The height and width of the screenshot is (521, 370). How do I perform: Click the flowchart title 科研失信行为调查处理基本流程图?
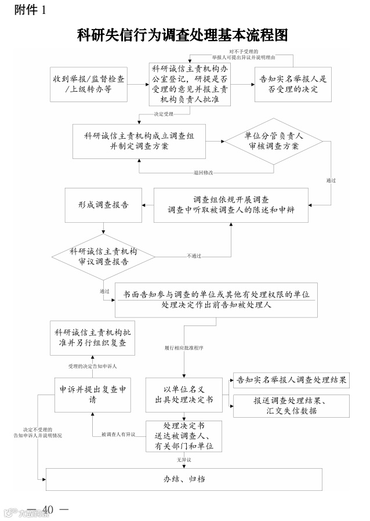[183, 35]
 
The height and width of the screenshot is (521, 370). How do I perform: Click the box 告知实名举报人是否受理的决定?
[293, 84]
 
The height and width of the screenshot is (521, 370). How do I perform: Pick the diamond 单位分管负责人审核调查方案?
[273, 142]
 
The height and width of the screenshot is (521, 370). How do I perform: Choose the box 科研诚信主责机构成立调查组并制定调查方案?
[139, 141]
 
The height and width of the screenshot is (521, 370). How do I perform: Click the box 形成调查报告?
[103, 205]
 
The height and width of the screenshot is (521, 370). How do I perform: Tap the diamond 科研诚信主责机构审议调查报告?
[103, 256]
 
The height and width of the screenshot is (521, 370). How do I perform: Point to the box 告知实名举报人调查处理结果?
[291, 381]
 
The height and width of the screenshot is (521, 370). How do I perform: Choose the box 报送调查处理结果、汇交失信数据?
[291, 406]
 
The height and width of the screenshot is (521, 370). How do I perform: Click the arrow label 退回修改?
[204, 173]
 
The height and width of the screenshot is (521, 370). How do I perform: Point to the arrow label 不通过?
[194, 256]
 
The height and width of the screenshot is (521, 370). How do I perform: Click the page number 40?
[48, 509]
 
